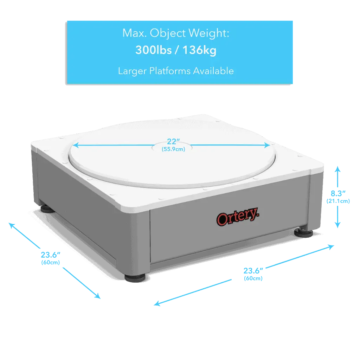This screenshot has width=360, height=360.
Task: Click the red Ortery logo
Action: tap(238, 217)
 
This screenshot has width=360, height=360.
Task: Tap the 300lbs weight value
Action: tap(153, 50)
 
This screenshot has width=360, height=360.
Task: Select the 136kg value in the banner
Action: tap(199, 50)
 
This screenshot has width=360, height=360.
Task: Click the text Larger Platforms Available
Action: tap(176, 71)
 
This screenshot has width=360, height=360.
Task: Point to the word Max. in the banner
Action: tap(135, 33)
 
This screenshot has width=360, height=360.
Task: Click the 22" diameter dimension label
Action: tap(173, 141)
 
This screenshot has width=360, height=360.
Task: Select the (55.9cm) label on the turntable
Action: tap(173, 149)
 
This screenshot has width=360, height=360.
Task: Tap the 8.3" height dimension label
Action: tap(338, 193)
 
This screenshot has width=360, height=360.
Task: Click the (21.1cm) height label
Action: tap(338, 201)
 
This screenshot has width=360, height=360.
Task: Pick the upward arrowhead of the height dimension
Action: tap(337, 169)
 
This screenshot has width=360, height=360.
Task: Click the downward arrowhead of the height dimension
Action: tap(337, 225)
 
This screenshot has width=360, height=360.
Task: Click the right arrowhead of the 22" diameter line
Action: tap(267, 145)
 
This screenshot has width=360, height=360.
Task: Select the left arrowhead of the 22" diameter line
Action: tap(76, 145)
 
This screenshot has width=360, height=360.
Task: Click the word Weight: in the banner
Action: tap(209, 33)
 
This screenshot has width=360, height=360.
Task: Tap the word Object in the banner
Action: tap(168, 33)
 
